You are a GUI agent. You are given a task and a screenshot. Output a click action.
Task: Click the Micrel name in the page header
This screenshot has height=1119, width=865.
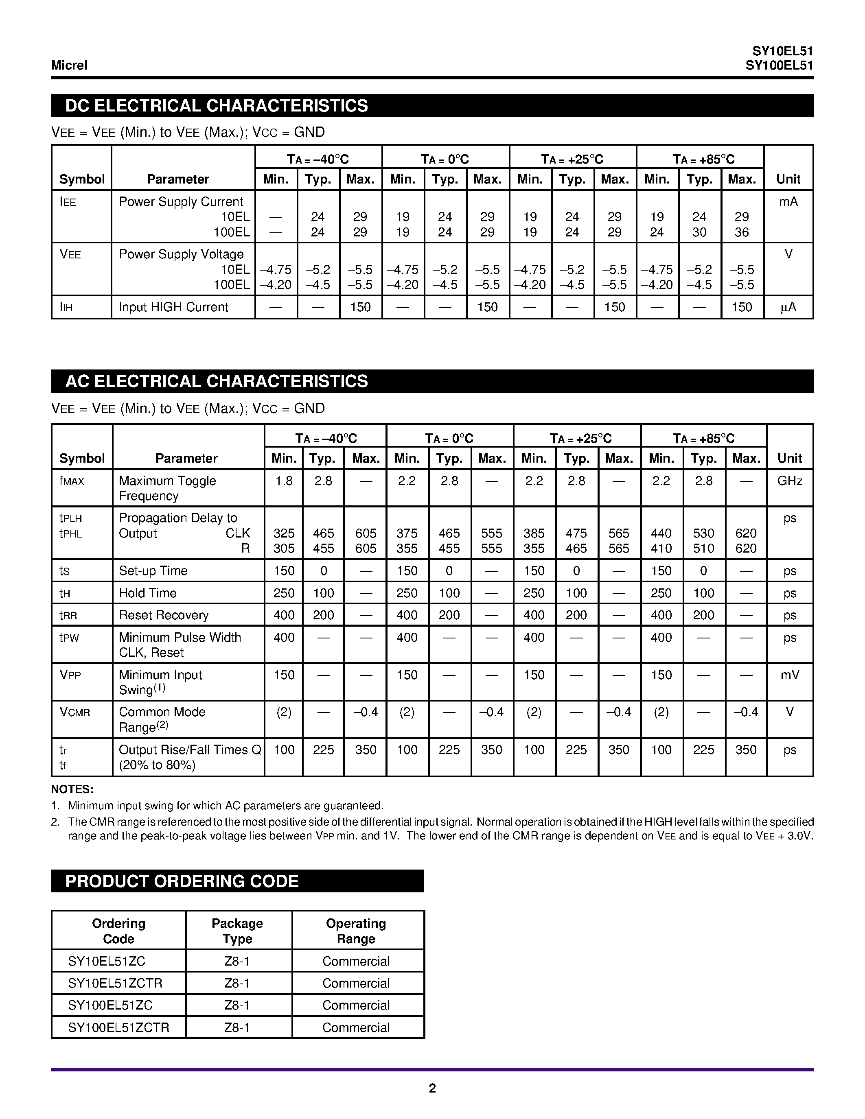coord(69,66)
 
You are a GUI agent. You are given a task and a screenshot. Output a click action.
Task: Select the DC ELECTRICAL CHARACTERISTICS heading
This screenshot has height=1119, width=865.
coord(216,105)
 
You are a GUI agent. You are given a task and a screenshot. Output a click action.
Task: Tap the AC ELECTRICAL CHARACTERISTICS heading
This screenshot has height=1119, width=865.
coord(216,381)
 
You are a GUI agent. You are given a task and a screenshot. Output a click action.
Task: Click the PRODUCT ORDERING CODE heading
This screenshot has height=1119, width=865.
coord(182,881)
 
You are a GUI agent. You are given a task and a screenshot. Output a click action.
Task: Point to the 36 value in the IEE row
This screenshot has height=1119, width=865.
coord(742,232)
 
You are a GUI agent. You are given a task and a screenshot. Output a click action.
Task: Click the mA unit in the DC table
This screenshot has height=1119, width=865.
coord(788,202)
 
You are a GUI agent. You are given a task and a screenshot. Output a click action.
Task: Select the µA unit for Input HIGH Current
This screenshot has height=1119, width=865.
coord(788,307)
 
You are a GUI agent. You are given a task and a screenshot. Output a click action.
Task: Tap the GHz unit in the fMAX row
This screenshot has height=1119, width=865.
coord(790,481)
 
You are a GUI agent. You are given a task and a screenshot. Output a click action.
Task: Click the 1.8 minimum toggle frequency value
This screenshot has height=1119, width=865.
coord(284,481)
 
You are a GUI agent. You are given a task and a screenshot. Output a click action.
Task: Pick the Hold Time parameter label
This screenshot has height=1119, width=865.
coord(148,593)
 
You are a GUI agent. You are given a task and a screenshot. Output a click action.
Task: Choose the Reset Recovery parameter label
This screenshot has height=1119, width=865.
coord(164,615)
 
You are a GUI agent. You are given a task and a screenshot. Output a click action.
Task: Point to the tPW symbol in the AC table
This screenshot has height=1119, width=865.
coord(69,638)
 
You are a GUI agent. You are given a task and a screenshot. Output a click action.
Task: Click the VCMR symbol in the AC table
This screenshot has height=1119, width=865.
coord(75,712)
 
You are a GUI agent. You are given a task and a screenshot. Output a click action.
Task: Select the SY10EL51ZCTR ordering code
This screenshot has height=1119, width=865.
coord(115,983)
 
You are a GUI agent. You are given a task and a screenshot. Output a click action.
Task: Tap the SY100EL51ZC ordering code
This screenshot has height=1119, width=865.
coord(110,1005)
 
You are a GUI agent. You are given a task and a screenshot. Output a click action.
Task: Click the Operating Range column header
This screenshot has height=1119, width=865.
coord(356,931)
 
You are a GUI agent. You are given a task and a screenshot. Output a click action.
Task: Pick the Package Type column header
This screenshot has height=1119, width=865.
coord(237,931)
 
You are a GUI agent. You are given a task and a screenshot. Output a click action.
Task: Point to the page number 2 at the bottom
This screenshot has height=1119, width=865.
coord(432,1088)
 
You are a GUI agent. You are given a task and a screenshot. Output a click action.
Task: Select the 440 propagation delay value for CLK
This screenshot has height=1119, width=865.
coord(661,533)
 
